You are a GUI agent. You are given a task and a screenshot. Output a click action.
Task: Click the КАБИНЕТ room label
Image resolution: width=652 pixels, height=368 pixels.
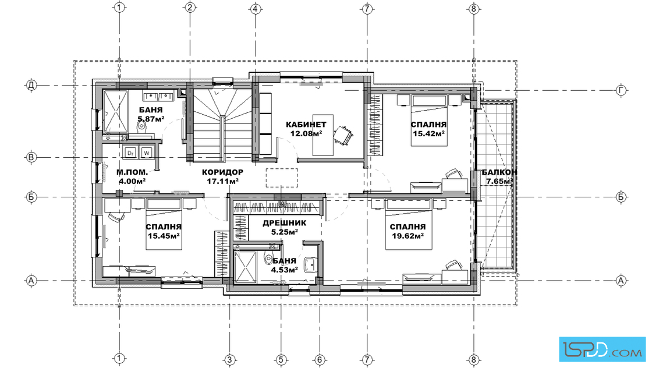(x=306, y=125)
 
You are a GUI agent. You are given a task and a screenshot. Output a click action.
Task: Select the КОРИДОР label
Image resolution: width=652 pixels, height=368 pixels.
(x=222, y=172)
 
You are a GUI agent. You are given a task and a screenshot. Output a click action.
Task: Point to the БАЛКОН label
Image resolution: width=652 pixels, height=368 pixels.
(x=499, y=172)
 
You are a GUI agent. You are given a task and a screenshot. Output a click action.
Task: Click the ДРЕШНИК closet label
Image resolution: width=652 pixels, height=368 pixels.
(x=285, y=223)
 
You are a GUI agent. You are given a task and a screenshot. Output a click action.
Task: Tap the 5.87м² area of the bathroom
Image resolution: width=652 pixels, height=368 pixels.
(x=151, y=119)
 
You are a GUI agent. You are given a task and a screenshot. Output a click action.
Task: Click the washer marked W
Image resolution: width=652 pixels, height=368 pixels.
(x=146, y=153)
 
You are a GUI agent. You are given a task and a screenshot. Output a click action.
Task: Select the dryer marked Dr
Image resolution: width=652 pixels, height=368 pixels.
(x=131, y=153)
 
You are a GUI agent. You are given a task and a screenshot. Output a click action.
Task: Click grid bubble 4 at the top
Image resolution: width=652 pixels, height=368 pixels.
(x=256, y=8)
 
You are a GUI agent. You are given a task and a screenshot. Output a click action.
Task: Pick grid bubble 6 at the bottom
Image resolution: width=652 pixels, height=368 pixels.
(x=320, y=359)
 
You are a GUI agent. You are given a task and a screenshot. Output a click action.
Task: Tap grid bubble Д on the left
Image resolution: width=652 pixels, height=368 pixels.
(x=31, y=86)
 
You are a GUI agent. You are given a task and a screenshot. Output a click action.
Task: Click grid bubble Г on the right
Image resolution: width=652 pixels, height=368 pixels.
(x=621, y=90)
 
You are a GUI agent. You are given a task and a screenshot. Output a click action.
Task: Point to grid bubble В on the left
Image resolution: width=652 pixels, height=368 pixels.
(x=31, y=158)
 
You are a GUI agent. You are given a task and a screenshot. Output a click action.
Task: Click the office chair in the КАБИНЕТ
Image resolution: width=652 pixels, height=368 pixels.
(x=343, y=135)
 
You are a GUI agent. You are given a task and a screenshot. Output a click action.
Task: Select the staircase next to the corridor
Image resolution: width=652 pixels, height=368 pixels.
(x=222, y=125)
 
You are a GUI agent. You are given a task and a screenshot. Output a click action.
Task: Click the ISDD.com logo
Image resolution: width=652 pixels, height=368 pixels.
(x=602, y=349)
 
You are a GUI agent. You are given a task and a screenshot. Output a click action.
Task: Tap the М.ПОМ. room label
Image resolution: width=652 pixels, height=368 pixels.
(x=132, y=172)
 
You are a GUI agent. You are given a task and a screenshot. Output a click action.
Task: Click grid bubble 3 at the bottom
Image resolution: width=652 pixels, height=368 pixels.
(x=229, y=359)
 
